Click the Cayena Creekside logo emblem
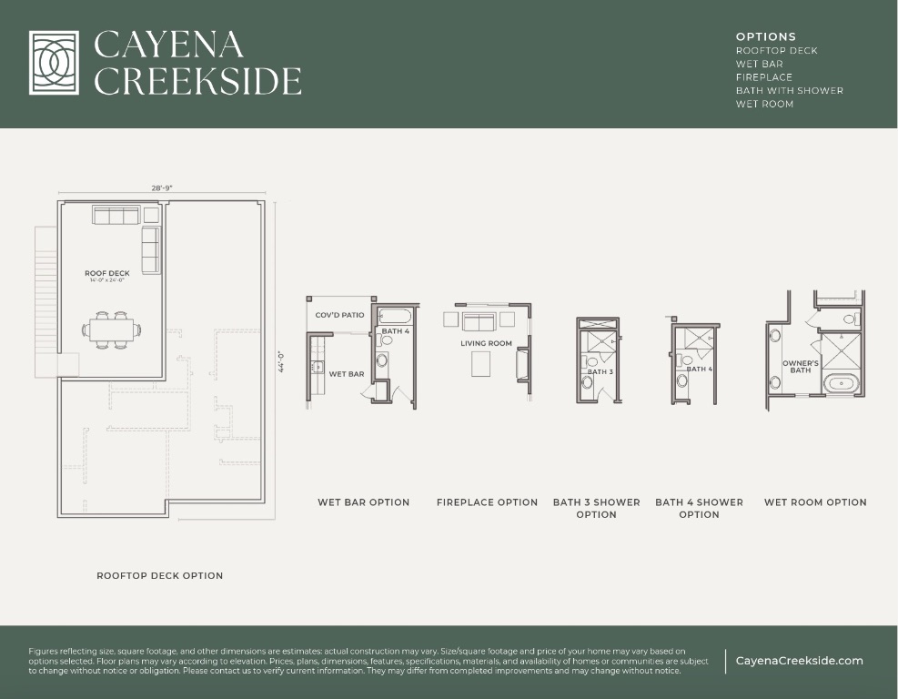[x=60, y=63]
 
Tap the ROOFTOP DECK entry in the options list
[x=776, y=51]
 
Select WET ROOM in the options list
[x=764, y=104]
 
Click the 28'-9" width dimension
[x=162, y=187]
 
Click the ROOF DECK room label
[x=107, y=273]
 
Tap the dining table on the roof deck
[x=114, y=329]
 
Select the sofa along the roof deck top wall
[x=116, y=215]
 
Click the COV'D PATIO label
[x=339, y=315]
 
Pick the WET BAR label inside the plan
[x=346, y=374]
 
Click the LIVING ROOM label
[x=486, y=344]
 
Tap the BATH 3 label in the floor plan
[x=600, y=372]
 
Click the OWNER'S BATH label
[x=800, y=367]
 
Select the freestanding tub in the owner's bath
[x=842, y=383]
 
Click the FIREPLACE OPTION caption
[x=487, y=502]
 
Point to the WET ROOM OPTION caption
[x=815, y=502]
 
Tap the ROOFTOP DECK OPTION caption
[x=159, y=575]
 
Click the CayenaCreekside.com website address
[x=799, y=661]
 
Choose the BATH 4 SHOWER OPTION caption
[x=699, y=508]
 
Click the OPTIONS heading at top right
[x=765, y=37]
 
